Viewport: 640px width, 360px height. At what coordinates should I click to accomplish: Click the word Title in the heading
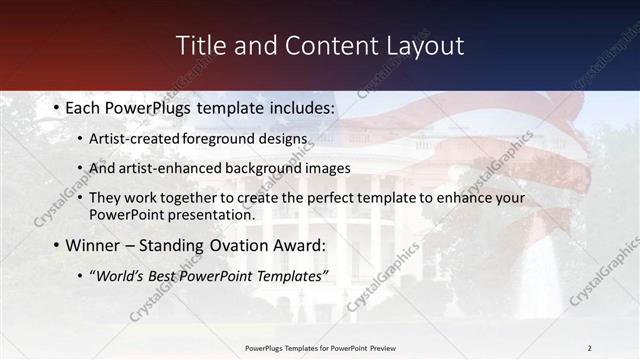tap(200, 46)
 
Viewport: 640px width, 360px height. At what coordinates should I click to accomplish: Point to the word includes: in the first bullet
tap(297, 107)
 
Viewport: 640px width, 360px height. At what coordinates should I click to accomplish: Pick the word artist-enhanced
tap(161, 168)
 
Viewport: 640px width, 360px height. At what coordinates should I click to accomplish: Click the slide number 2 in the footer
tap(589, 348)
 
